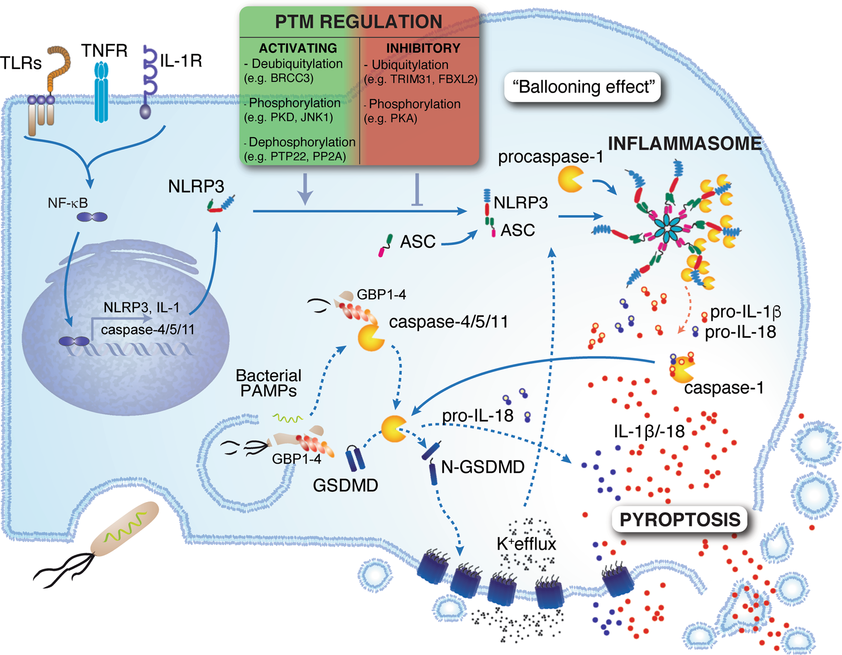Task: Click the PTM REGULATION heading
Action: point(358,21)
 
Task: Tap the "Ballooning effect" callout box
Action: point(582,87)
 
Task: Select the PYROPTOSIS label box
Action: point(680,519)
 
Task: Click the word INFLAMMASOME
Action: point(685,143)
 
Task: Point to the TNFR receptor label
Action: point(104,51)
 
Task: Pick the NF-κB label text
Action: point(68,203)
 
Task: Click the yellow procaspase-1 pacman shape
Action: point(570,179)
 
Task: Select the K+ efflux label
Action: point(526,544)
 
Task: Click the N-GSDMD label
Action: point(483,467)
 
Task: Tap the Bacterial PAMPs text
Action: point(269,383)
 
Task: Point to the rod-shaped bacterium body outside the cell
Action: point(125,528)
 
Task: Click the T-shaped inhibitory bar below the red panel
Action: point(417,189)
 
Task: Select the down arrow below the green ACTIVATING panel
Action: point(306,189)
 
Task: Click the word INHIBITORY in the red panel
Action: point(423,48)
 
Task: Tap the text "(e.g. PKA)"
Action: point(390,119)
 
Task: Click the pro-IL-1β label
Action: point(745,312)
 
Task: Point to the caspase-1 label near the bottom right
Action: point(724,388)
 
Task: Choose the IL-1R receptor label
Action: point(181,60)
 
